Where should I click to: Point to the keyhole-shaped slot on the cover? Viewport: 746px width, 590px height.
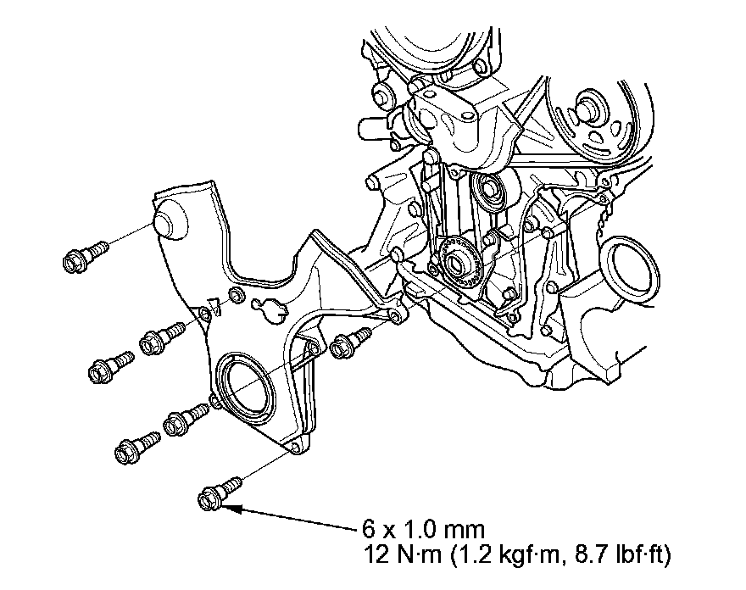(x=270, y=310)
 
